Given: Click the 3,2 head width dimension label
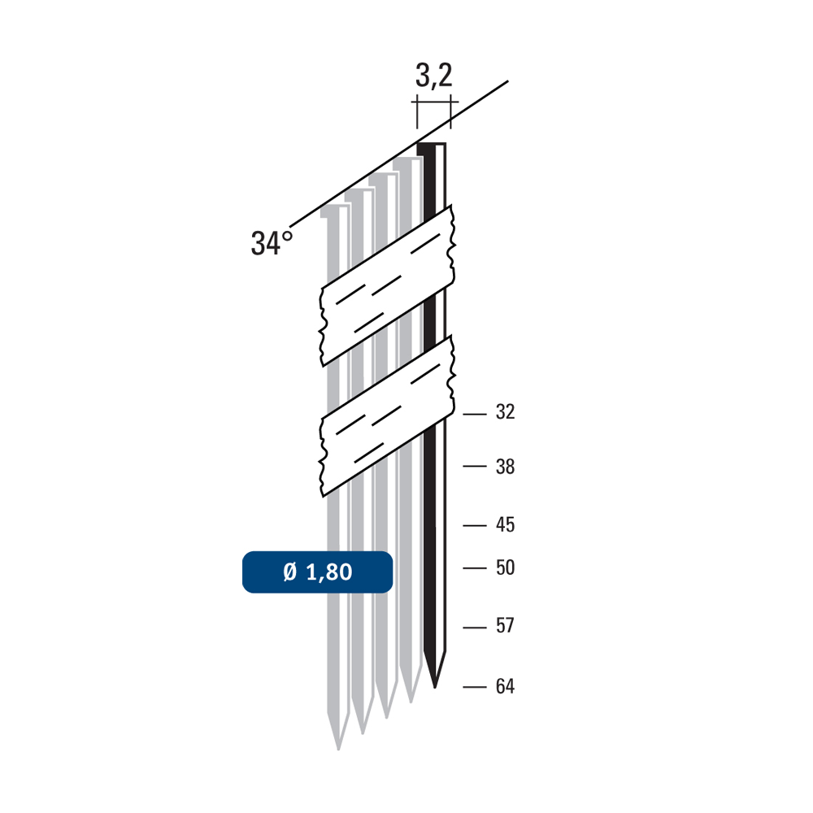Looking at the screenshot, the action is [433, 76].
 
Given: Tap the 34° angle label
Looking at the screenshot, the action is [272, 242].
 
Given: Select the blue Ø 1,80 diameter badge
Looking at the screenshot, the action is [317, 572].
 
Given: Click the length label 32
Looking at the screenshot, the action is [505, 411].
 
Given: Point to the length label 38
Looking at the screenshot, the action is [505, 467].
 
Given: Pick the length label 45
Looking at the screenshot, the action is [505, 524].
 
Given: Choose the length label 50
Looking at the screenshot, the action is [505, 567].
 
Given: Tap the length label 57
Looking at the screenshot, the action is [505, 626].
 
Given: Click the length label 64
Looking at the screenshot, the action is [505, 686].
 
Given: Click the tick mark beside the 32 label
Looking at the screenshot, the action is [475, 415].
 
